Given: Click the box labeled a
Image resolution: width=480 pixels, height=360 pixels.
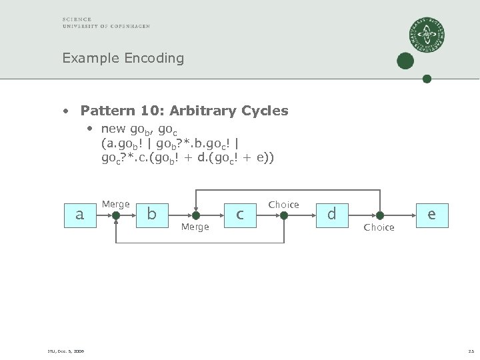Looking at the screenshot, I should [80, 215].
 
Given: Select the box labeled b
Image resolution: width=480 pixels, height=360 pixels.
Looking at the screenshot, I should [152, 215].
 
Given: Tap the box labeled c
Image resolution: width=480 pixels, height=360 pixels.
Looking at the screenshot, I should [240, 215].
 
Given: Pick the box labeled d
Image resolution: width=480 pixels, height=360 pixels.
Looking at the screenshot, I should [331, 215].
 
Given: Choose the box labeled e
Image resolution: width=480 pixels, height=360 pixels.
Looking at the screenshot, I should [432, 215].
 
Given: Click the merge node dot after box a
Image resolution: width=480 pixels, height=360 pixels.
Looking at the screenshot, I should [116, 215].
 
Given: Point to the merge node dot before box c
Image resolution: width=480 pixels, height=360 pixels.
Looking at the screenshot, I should [195, 215].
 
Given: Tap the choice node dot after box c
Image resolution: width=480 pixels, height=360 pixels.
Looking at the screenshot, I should [284, 215].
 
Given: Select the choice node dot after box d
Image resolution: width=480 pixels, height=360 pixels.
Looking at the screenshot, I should [379, 215].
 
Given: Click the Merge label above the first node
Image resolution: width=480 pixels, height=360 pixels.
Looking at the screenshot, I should [115, 204].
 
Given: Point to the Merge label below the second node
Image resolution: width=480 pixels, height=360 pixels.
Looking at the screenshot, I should [195, 227].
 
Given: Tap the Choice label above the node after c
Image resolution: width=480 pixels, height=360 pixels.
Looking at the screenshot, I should [283, 205].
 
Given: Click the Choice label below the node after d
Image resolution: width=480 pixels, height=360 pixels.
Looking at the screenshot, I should [379, 227].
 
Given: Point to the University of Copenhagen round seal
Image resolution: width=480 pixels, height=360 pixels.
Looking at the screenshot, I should [427, 35].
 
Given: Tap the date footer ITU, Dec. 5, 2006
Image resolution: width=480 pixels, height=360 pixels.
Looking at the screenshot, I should [65, 351].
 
